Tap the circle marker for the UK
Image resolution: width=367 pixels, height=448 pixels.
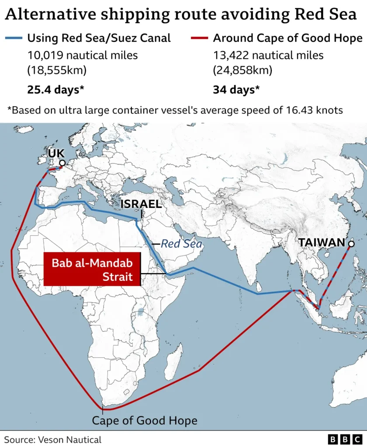coord(62,163)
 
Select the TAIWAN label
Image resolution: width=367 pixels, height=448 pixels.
coord(322,243)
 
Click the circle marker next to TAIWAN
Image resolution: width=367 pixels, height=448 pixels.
coord(350,243)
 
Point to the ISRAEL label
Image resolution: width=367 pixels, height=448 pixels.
coord(141,204)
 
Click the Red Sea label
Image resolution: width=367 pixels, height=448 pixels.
coord(181,244)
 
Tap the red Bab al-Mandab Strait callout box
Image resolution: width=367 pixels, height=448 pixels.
coord(92,269)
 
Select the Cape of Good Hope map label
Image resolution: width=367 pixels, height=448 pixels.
coord(144,421)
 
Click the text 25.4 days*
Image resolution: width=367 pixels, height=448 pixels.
coord(55,90)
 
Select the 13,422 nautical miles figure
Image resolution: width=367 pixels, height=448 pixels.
coord(268,56)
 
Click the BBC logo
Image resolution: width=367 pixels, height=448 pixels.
coord(344,439)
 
